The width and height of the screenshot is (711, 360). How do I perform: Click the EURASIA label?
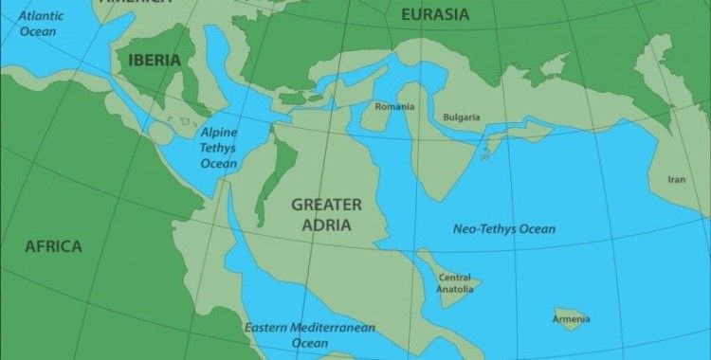435,14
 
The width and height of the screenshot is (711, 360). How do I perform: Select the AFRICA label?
53,246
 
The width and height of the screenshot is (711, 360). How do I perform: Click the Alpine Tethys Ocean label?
217,148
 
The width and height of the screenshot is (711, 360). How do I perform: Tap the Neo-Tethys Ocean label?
503,229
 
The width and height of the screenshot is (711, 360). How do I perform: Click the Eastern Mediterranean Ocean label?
310,334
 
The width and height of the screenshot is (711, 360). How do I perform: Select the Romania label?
394,107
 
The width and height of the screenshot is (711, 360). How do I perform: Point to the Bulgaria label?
462,117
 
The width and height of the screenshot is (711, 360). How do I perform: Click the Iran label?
677,179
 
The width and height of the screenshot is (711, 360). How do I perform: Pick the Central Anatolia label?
454,284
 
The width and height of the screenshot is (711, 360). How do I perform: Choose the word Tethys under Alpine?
218,148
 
